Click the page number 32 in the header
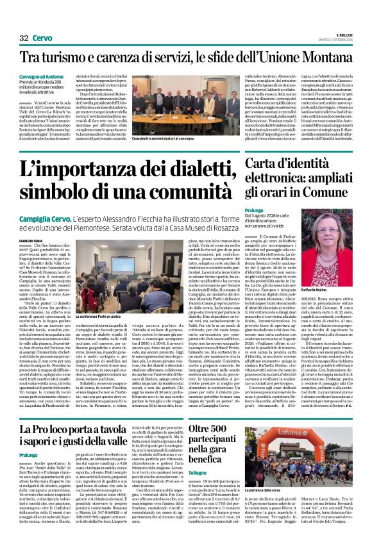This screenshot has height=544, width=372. click(x=25, y=38)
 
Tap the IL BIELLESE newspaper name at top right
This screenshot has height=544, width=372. click(x=343, y=35)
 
